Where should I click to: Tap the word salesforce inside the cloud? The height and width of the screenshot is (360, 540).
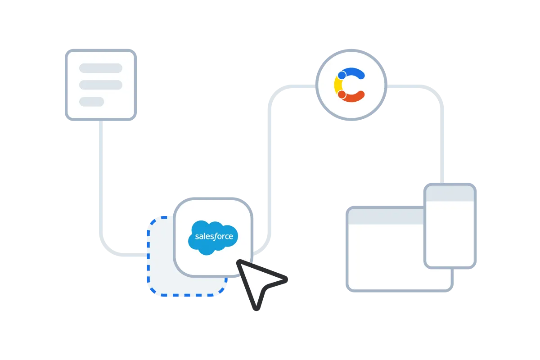coord(214,236)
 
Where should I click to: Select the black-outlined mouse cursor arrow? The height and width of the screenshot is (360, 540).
coord(259,281)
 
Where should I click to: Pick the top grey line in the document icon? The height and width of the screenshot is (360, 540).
coord(101,68)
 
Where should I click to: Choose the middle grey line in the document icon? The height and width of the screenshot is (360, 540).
coord(101,85)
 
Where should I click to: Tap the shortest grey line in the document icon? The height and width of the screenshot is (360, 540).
coord(91,102)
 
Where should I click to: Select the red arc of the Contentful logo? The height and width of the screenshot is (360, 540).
coord(355,97)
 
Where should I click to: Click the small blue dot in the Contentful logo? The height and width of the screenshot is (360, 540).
coord(342,75)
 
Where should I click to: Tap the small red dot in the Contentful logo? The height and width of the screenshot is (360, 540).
coord(342,94)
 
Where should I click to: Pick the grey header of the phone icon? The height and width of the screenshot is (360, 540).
coord(450,193)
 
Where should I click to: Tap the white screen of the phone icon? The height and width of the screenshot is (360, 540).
coord(450,234)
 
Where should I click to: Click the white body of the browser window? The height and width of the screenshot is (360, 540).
coord(385,256)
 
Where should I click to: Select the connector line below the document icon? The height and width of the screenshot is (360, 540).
coord(101,180)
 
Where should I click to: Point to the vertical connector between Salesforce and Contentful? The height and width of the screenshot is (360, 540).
coord(270,171)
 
